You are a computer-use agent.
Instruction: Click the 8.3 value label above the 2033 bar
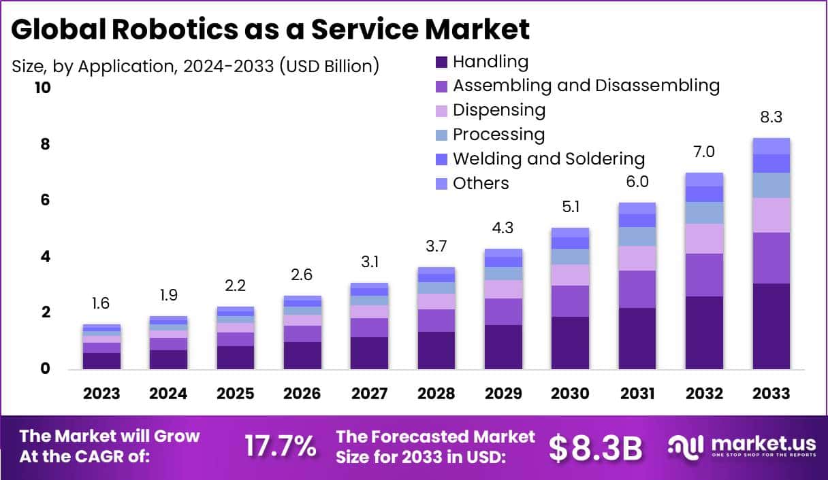771,117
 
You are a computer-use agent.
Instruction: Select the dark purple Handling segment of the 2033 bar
771,326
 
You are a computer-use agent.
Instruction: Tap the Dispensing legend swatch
441,111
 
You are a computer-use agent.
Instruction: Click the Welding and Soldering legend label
548,159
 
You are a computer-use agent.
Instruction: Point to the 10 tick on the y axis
43,88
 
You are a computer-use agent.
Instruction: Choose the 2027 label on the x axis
369,394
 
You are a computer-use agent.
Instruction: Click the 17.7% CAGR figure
280,447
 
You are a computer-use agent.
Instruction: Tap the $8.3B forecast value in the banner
596,447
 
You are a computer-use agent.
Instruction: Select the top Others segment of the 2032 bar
704,179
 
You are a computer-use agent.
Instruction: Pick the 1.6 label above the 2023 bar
101,303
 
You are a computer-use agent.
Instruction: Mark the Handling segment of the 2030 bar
570,343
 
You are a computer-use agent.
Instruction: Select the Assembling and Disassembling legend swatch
441,86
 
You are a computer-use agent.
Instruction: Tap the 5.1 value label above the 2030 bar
570,207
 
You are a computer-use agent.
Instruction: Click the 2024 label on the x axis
168,394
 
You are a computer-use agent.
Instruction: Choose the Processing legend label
498,135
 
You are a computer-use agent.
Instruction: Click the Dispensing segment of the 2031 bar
637,258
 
